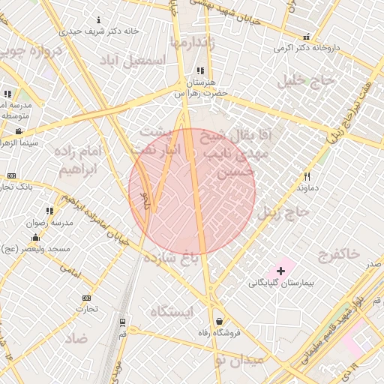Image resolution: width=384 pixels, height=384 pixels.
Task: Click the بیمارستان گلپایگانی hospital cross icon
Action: [x=281, y=269]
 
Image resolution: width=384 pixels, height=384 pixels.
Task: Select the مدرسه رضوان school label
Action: [x=49, y=223]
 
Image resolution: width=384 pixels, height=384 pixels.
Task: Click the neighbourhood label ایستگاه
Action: [x=172, y=310]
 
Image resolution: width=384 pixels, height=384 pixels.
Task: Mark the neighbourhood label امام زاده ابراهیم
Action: [x=84, y=160]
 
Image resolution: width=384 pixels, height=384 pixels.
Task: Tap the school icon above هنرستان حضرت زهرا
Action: [x=199, y=70]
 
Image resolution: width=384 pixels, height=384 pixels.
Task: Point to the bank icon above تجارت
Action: [x=86, y=298]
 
